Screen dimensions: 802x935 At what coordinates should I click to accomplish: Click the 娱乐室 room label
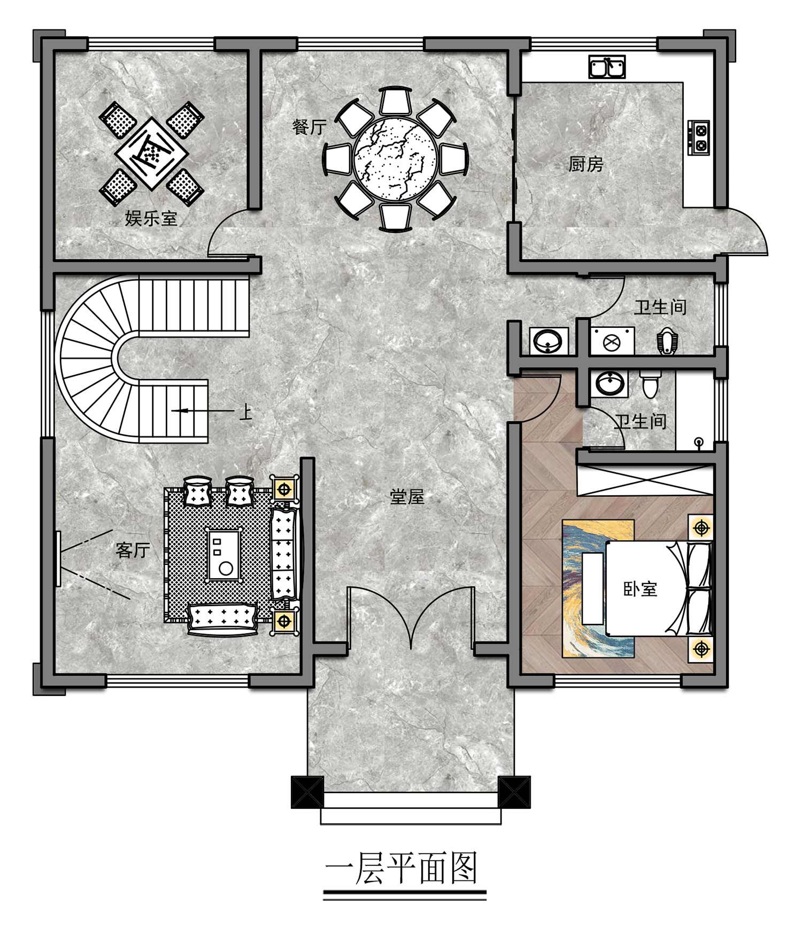point(151,218)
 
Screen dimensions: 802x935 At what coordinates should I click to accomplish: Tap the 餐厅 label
point(309,127)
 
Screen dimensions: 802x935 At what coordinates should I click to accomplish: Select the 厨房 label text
point(585,164)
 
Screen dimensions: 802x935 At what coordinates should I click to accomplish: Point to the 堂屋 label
point(407,497)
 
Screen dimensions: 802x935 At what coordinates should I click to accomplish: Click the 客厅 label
point(133,550)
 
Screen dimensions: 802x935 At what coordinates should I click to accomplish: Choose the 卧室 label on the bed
point(640,589)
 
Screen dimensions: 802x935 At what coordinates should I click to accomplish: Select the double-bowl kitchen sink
point(607,67)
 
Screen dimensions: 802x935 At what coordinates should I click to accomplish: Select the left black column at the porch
point(307,792)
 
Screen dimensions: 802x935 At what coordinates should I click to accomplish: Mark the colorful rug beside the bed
point(598,588)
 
